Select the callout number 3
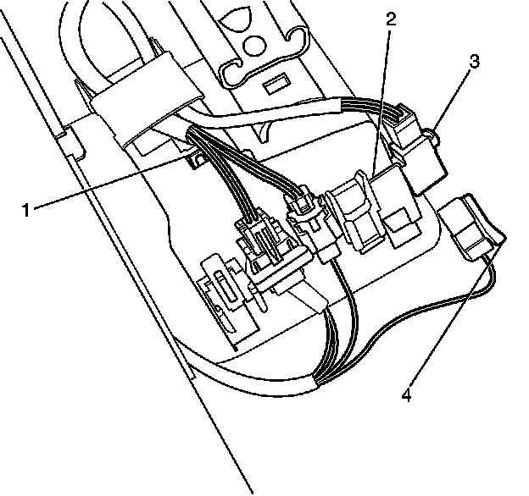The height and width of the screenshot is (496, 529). [x=474, y=61]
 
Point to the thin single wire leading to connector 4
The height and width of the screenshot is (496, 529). [x=424, y=305]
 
